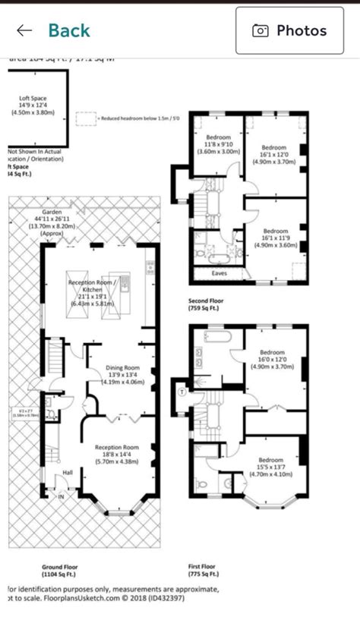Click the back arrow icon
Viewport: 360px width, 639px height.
click(24, 30)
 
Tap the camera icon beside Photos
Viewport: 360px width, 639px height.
click(261, 30)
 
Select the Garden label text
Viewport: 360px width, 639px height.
click(52, 212)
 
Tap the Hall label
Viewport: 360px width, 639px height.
click(68, 472)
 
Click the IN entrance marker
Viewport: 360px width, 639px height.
click(62, 498)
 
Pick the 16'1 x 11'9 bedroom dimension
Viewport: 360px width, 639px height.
click(275, 238)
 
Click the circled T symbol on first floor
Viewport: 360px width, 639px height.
click(182, 392)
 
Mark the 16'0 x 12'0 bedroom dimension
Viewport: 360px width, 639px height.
click(271, 360)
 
